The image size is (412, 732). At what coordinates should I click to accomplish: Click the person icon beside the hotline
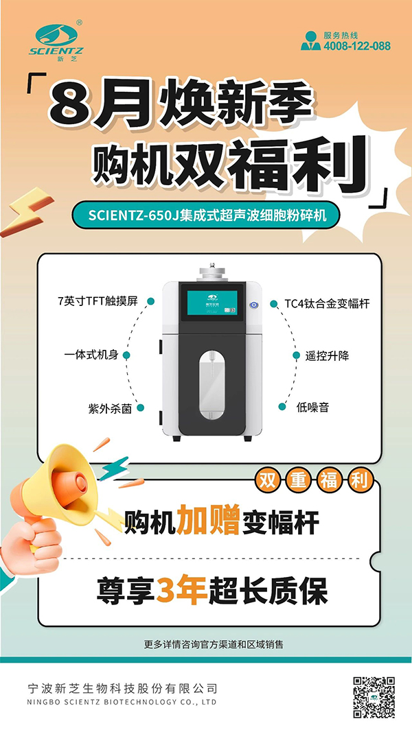point(310,40)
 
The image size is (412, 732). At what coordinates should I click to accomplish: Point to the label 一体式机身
point(91,355)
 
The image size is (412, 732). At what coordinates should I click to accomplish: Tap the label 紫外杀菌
point(107,408)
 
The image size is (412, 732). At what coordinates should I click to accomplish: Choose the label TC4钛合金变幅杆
point(327,303)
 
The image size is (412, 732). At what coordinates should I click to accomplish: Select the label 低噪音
point(312,407)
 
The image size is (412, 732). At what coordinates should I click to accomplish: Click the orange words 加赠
point(209,523)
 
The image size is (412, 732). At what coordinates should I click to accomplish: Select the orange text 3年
point(182,591)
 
